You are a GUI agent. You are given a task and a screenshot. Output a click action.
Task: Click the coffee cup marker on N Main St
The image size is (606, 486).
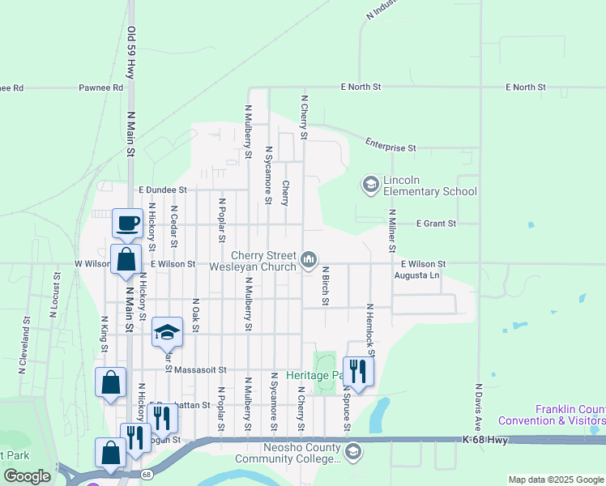(x=126, y=224)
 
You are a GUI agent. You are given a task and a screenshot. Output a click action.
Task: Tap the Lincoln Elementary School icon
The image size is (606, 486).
(x=371, y=185)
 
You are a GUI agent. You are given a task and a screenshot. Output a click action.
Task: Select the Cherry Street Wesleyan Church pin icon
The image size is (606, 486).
(x=308, y=259)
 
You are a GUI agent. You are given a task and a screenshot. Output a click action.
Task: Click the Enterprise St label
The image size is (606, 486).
(x=390, y=147)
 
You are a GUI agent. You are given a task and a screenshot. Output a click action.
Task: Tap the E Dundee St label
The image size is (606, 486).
(x=162, y=190)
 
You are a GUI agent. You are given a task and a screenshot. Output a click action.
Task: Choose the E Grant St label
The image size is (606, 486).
(x=436, y=223)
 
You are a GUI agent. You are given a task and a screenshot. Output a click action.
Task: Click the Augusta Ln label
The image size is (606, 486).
(x=416, y=275)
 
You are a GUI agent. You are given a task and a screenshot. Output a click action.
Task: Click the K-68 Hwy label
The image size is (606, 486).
(x=487, y=439)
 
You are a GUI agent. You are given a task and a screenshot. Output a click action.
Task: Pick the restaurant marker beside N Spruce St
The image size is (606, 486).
(x=356, y=372)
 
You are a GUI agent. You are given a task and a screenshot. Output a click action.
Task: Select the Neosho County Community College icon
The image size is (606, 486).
(x=352, y=450)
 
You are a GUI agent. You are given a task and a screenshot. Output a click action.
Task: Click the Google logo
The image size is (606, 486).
(x=28, y=476)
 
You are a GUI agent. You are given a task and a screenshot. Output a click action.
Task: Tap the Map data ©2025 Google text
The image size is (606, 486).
(x=555, y=480)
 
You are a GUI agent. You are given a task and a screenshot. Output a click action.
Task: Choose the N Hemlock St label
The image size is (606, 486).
(x=369, y=330)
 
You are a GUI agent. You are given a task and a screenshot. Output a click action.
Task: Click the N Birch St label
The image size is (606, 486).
(x=325, y=285)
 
